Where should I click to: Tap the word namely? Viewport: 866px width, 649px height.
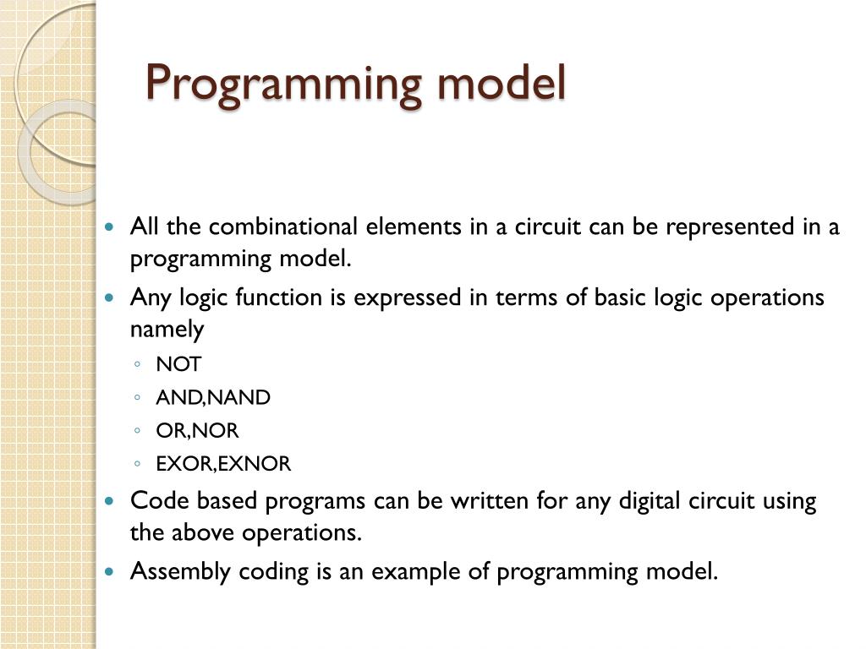(x=167, y=330)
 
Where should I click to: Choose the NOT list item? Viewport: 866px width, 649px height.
(x=179, y=364)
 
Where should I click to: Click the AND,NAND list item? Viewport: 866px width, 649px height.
(x=213, y=398)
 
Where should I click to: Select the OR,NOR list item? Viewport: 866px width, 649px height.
(x=198, y=431)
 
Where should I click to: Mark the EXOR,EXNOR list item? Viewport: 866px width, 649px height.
(x=223, y=464)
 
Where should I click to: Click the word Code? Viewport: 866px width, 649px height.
(x=161, y=501)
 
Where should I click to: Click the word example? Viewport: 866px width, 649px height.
(x=408, y=572)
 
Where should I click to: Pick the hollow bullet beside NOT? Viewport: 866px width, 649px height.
(x=136, y=365)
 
